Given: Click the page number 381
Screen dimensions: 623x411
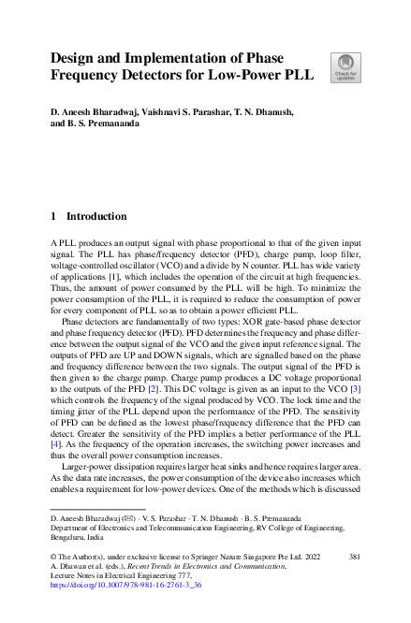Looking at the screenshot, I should point(355,557).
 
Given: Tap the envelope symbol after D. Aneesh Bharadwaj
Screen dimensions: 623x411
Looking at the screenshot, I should point(128,518).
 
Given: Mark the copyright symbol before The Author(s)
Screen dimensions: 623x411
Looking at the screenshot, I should point(53,557).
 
